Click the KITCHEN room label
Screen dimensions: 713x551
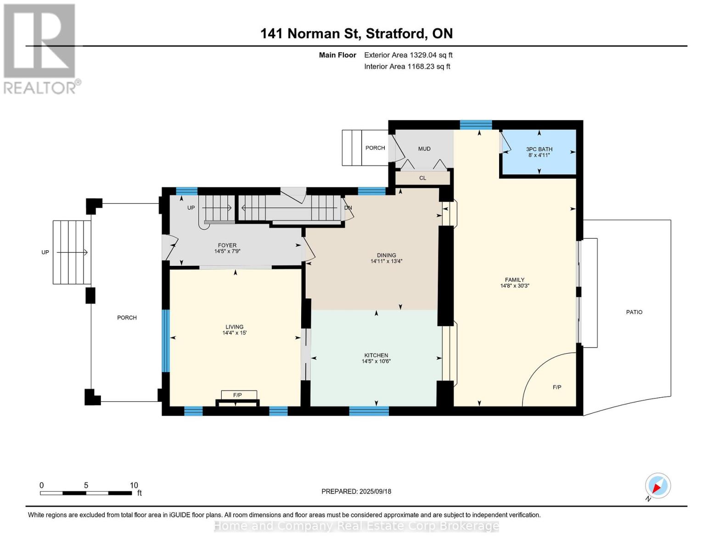(376, 355)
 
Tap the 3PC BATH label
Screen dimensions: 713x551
(539, 149)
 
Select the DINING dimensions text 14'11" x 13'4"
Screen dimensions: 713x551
(386, 261)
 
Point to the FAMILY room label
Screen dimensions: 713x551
(515, 280)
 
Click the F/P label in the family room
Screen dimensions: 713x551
(557, 387)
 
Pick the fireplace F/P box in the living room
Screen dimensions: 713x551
(239, 395)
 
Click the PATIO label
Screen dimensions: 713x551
(634, 312)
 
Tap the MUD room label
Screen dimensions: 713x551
(424, 149)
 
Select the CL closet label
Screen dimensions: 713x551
(423, 178)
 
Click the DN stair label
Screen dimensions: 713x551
(348, 208)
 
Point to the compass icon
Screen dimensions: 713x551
(658, 486)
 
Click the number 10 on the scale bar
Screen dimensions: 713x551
(134, 485)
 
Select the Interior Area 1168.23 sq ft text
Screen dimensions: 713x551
(407, 66)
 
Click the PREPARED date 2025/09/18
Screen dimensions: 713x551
(375, 491)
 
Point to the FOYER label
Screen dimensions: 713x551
(227, 245)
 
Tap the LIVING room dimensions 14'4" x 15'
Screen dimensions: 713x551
(234, 332)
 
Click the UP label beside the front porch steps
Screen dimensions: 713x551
(45, 252)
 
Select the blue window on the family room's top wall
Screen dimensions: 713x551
(476, 125)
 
